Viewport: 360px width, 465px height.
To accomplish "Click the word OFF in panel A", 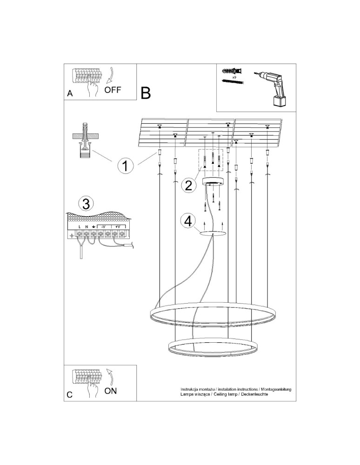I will click(x=113, y=90).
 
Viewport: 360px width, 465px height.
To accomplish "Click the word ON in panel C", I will click(x=110, y=391).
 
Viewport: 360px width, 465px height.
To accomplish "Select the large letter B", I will click(x=146, y=93).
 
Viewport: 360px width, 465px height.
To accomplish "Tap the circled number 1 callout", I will click(x=126, y=166).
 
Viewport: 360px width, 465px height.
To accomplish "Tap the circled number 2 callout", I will click(x=188, y=186).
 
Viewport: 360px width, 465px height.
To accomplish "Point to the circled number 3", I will click(x=85, y=203).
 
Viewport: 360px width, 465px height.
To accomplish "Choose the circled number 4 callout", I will click(x=187, y=221).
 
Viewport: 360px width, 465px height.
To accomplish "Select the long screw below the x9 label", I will click(x=233, y=82).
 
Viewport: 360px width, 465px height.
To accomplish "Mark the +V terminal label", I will click(x=118, y=227).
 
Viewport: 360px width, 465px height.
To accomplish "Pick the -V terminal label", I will click(x=103, y=227).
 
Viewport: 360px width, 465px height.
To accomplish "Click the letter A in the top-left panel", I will click(x=69, y=93).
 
